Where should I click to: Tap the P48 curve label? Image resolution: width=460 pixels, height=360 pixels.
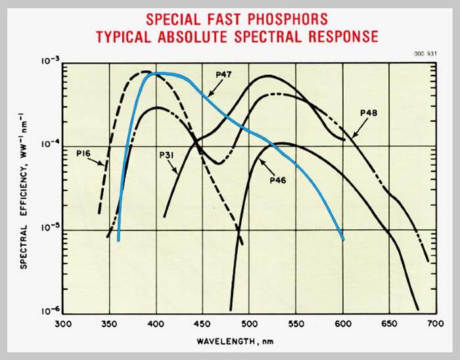tap(369, 114)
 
